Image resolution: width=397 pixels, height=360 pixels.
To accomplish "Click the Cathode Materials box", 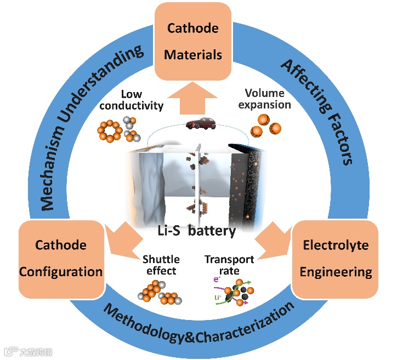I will point(193,41).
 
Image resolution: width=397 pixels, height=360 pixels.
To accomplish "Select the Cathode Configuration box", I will point(61,258).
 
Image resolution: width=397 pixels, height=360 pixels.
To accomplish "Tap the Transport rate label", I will point(229,265).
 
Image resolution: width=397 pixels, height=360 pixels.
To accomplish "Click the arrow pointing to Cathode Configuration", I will point(122,242).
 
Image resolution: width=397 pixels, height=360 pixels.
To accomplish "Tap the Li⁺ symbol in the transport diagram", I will point(215,298).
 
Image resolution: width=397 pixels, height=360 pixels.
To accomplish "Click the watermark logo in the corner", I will point(29,351).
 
